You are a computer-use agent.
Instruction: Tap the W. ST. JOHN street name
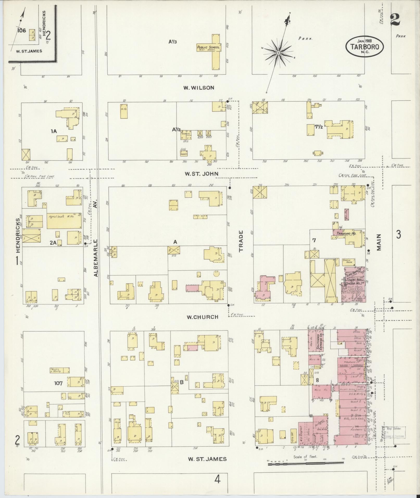[x=201, y=174]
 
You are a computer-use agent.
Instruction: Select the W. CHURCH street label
[x=202, y=317]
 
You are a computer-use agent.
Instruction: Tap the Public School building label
[x=209, y=48]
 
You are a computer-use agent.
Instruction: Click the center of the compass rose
[x=278, y=53]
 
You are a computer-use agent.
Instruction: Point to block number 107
[x=58, y=383]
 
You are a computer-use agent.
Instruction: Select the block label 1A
[x=54, y=131]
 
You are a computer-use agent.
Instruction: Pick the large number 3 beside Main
[x=398, y=234]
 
